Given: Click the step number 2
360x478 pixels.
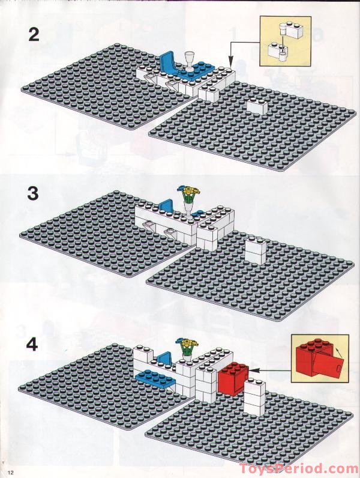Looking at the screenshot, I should (34, 34).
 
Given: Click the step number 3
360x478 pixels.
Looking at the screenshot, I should (34, 195).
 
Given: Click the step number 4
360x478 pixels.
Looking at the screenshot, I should (33, 346).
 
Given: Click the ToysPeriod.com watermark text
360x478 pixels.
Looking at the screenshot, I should (299, 469).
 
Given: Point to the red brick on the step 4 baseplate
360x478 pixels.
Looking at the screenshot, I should (232, 380).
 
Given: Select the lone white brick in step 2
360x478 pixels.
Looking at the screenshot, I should (256, 106).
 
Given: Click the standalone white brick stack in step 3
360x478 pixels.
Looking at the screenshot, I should (255, 250).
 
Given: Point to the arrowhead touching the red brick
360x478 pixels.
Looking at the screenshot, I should (251, 371).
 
